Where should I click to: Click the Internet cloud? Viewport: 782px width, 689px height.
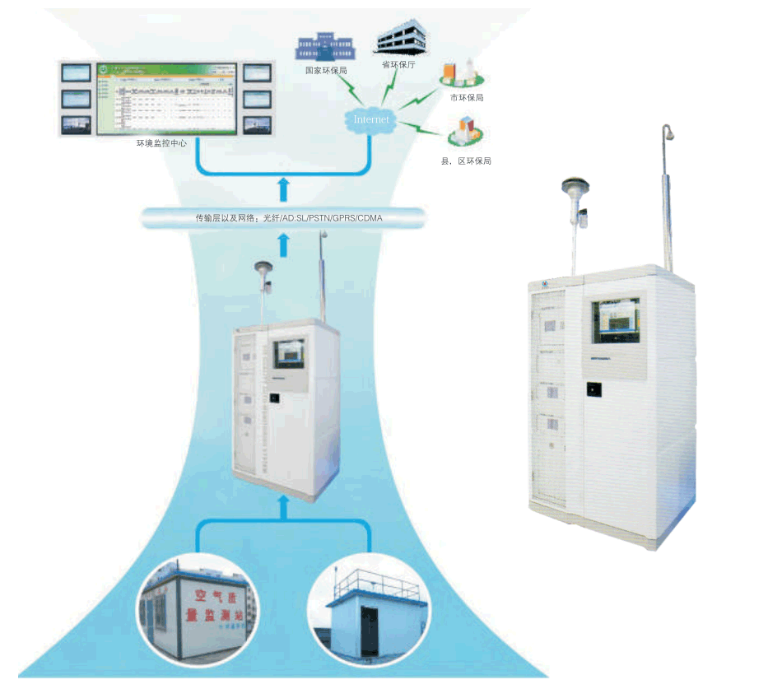point(370,121)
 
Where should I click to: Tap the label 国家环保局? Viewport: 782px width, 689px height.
point(326,71)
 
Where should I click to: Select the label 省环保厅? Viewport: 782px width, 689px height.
point(397,63)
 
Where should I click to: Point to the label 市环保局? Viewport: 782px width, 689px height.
point(466,98)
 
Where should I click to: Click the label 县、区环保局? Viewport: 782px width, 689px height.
point(466,161)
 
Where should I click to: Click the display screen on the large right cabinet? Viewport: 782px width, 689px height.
point(616,319)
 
